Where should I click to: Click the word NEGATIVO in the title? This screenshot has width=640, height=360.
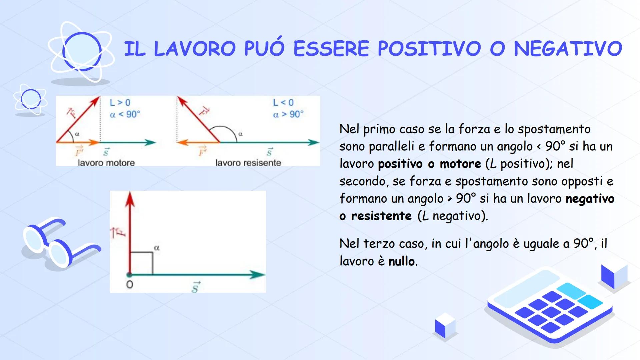coord(568,49)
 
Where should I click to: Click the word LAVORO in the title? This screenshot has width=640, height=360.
coord(195,49)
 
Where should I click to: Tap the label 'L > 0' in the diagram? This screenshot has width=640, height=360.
coord(120,103)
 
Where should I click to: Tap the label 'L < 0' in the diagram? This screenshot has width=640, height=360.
coord(283,103)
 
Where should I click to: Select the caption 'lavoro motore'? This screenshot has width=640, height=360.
coord(106,163)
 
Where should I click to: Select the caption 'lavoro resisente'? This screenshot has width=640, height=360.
coord(248,163)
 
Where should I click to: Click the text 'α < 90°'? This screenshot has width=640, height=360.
coord(125,115)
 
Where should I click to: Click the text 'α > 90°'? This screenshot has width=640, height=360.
coord(288,114)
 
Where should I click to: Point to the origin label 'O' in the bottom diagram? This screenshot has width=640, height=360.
coord(130,284)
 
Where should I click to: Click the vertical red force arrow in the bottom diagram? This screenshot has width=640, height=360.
coord(130,233)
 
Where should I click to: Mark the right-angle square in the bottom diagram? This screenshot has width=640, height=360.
coord(141,263)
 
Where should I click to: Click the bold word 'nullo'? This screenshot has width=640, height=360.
coord(402,261)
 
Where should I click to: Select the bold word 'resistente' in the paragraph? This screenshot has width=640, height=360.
coord(381,216)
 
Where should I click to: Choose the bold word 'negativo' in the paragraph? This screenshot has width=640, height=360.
coord(590,199)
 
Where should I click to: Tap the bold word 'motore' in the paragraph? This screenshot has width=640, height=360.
coord(460,164)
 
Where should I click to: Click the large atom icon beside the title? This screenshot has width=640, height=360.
coord(81,52)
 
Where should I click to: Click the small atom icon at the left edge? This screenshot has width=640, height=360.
coord(30,99)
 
